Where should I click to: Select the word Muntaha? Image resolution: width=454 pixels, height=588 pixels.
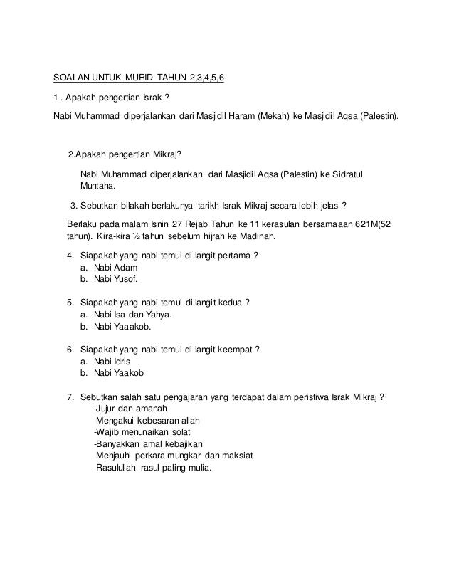(x=100, y=187)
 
